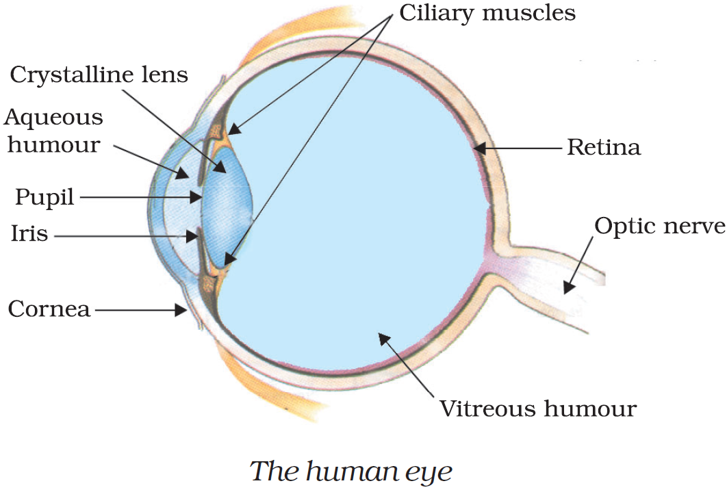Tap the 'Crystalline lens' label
[99, 75]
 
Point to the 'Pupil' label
[44, 198]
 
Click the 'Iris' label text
[29, 235]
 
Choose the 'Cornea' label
[49, 309]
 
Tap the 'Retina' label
[603, 147]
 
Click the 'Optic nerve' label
[659, 225]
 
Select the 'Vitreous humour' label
[537, 409]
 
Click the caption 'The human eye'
[351, 472]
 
